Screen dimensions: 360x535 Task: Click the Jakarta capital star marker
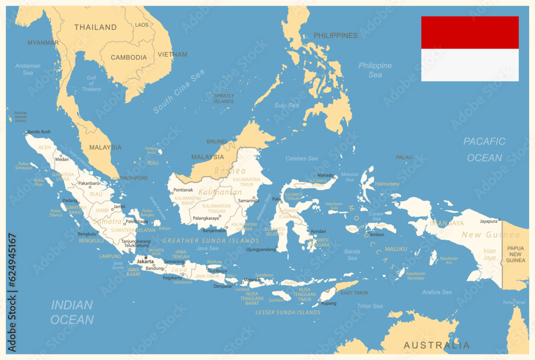click(x=146, y=257)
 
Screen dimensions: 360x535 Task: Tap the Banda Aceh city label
click(x=39, y=132)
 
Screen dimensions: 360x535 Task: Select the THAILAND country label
click(x=95, y=27)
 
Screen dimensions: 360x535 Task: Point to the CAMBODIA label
click(x=128, y=57)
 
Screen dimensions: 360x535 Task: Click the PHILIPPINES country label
click(x=335, y=35)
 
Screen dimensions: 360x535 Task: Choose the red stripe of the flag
click(x=469, y=33)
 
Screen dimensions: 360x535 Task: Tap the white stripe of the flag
click(x=469, y=65)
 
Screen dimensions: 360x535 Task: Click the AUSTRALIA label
click(x=437, y=345)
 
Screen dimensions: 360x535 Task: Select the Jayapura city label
click(x=488, y=220)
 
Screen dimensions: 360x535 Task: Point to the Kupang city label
click(x=329, y=303)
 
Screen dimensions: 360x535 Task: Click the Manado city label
click(x=325, y=175)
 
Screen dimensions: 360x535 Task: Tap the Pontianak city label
click(x=183, y=190)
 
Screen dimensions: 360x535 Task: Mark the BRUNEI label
click(x=217, y=141)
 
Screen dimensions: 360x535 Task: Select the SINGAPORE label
click(x=134, y=178)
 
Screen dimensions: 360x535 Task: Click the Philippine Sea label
click(x=375, y=70)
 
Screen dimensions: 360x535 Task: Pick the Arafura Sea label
click(x=437, y=292)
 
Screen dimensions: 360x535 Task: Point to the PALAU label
click(x=404, y=157)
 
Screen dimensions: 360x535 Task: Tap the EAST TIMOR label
click(x=354, y=293)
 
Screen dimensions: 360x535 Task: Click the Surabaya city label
click(x=217, y=271)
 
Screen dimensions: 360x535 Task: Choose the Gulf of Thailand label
click(x=91, y=83)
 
